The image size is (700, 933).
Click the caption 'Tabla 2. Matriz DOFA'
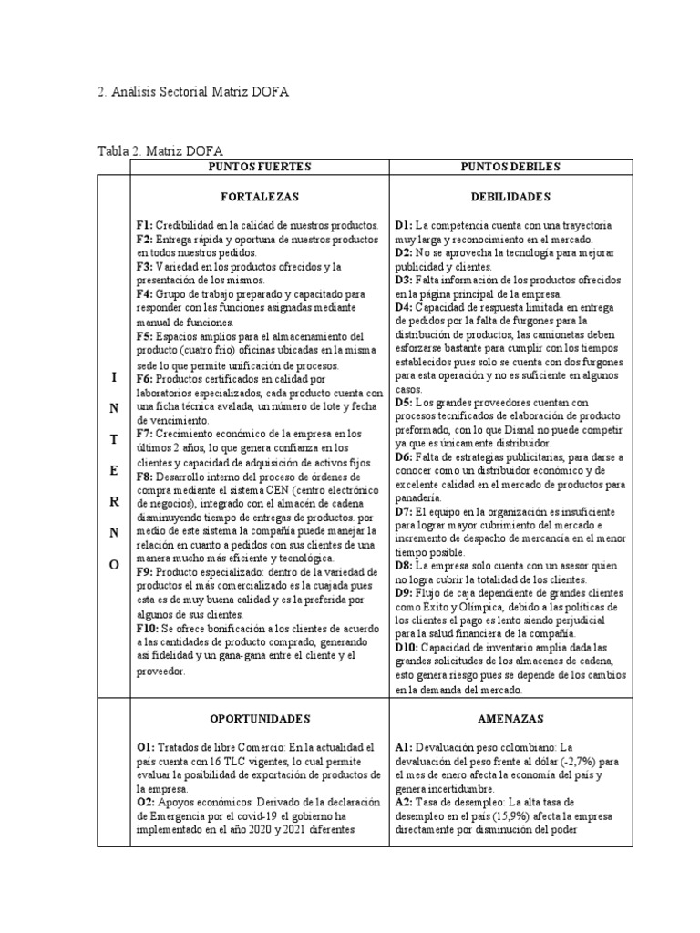(x=160, y=150)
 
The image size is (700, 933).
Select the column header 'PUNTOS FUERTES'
(x=260, y=166)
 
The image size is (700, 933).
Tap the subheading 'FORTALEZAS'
(x=260, y=196)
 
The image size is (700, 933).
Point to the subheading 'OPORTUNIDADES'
(x=260, y=717)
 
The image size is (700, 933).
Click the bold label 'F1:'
(x=146, y=224)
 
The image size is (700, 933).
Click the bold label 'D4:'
(x=406, y=308)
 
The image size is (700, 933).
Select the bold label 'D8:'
(x=406, y=565)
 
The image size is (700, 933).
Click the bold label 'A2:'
(x=406, y=802)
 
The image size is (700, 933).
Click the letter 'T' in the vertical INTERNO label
(x=113, y=438)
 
